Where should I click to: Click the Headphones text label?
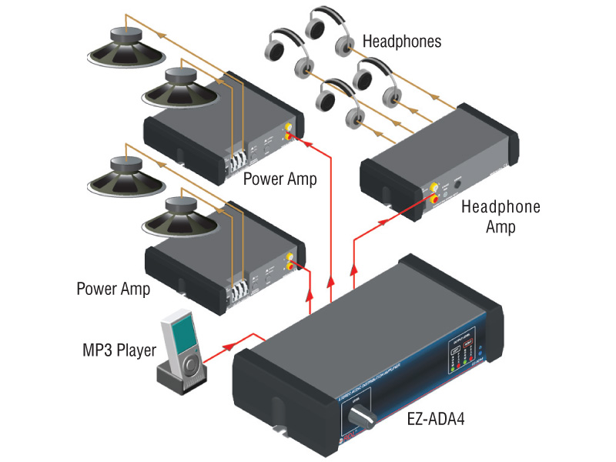[402, 41]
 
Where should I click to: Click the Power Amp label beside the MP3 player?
[113, 289]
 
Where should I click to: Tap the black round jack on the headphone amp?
[458, 182]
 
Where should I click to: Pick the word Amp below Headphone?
[500, 227]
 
